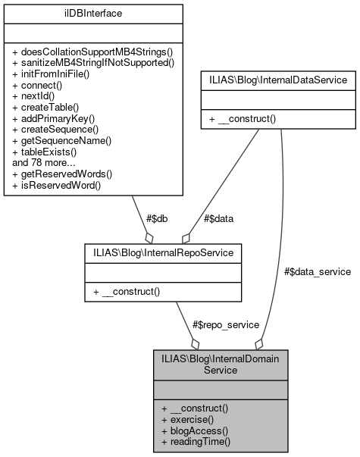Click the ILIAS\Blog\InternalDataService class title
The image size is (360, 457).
click(278, 79)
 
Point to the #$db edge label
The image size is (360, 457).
click(155, 218)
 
